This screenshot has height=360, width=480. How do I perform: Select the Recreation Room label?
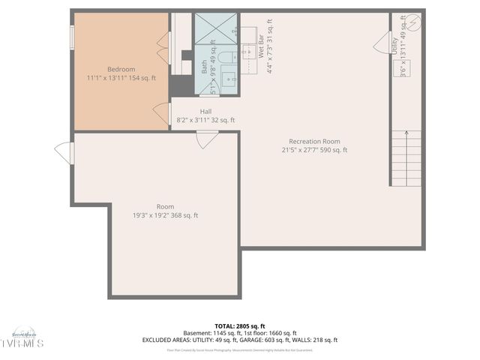[x=314, y=141]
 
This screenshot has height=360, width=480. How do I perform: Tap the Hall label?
[x=205, y=111]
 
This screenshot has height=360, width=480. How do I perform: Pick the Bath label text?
[x=204, y=67]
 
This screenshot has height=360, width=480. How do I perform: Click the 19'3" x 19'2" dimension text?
[x=165, y=215]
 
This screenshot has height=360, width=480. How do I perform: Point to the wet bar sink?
[x=247, y=53]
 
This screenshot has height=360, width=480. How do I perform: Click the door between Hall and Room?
[x=207, y=139]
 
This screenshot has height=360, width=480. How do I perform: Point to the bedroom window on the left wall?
[x=72, y=37]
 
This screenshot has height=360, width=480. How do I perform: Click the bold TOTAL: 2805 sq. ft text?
[x=239, y=325]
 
